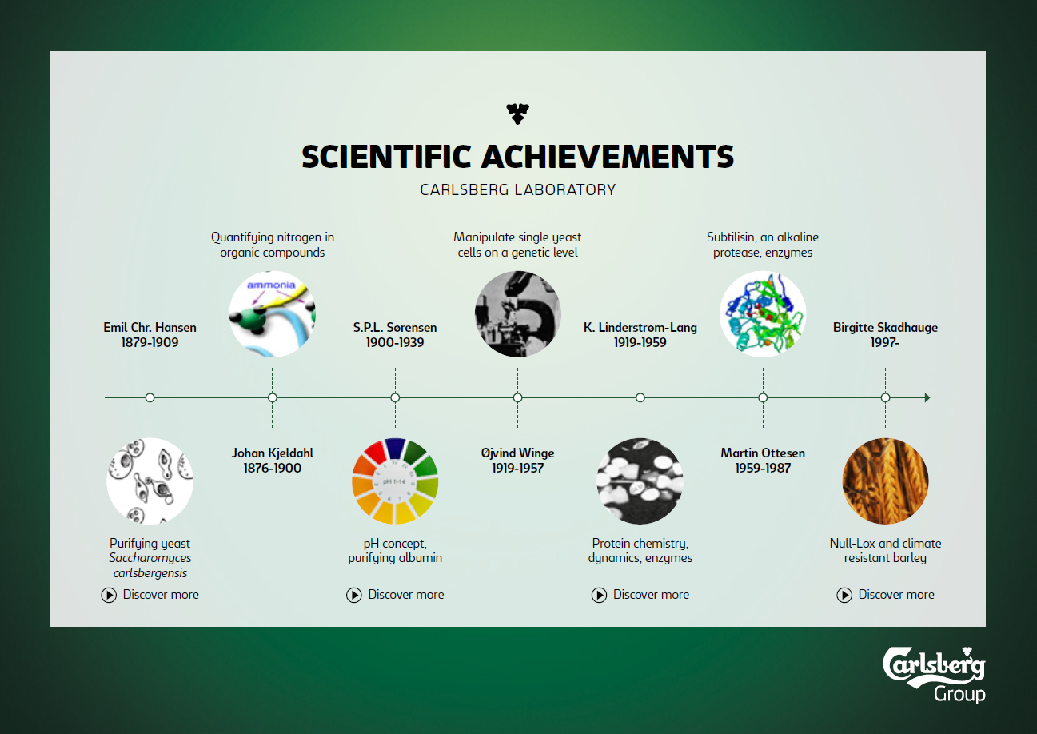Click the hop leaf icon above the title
point(517,114)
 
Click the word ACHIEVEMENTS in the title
point(608,157)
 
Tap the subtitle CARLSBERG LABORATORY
point(517,189)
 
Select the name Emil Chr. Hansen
point(150,327)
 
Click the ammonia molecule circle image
point(272,314)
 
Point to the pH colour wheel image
point(395,481)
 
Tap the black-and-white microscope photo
point(517,314)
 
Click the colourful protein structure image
point(763,314)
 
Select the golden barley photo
point(885,481)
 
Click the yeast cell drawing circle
point(150,481)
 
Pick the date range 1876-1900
point(272,468)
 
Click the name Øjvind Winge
point(517,453)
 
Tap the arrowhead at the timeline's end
point(927,398)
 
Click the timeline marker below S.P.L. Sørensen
point(395,398)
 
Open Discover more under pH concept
point(395,595)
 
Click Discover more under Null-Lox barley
point(885,595)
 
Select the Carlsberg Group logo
point(934,675)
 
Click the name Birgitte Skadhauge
point(885,327)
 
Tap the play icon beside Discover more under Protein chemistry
point(599,595)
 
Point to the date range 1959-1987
point(763,468)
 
